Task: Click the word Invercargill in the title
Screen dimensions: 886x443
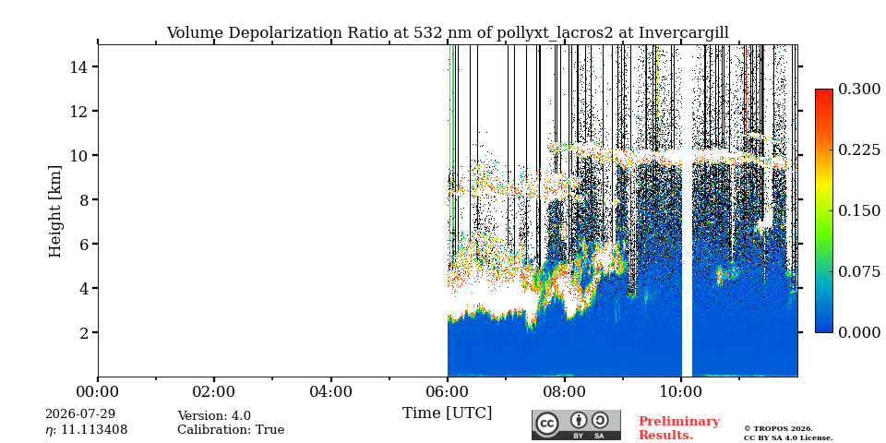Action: [684, 33]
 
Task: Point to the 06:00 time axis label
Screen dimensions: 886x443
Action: [448, 391]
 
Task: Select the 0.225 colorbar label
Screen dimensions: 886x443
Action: [859, 150]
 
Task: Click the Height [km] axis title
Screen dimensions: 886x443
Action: [54, 211]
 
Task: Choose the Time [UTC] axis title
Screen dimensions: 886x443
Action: [447, 413]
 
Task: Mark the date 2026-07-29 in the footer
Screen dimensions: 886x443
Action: [80, 413]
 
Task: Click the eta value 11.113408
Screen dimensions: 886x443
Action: [87, 430]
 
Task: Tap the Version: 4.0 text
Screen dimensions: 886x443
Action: [214, 416]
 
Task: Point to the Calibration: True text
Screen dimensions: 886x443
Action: [231, 430]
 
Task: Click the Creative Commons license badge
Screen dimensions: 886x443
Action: [576, 425]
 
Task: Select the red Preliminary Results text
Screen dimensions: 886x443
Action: [679, 428]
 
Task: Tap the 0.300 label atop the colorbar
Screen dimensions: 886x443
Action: [859, 90]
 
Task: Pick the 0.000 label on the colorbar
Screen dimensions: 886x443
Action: [859, 332]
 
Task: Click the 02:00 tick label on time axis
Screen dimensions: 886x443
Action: [214, 391]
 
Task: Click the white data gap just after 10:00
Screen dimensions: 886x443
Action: [687, 226]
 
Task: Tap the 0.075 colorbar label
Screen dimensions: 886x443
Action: [859, 271]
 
